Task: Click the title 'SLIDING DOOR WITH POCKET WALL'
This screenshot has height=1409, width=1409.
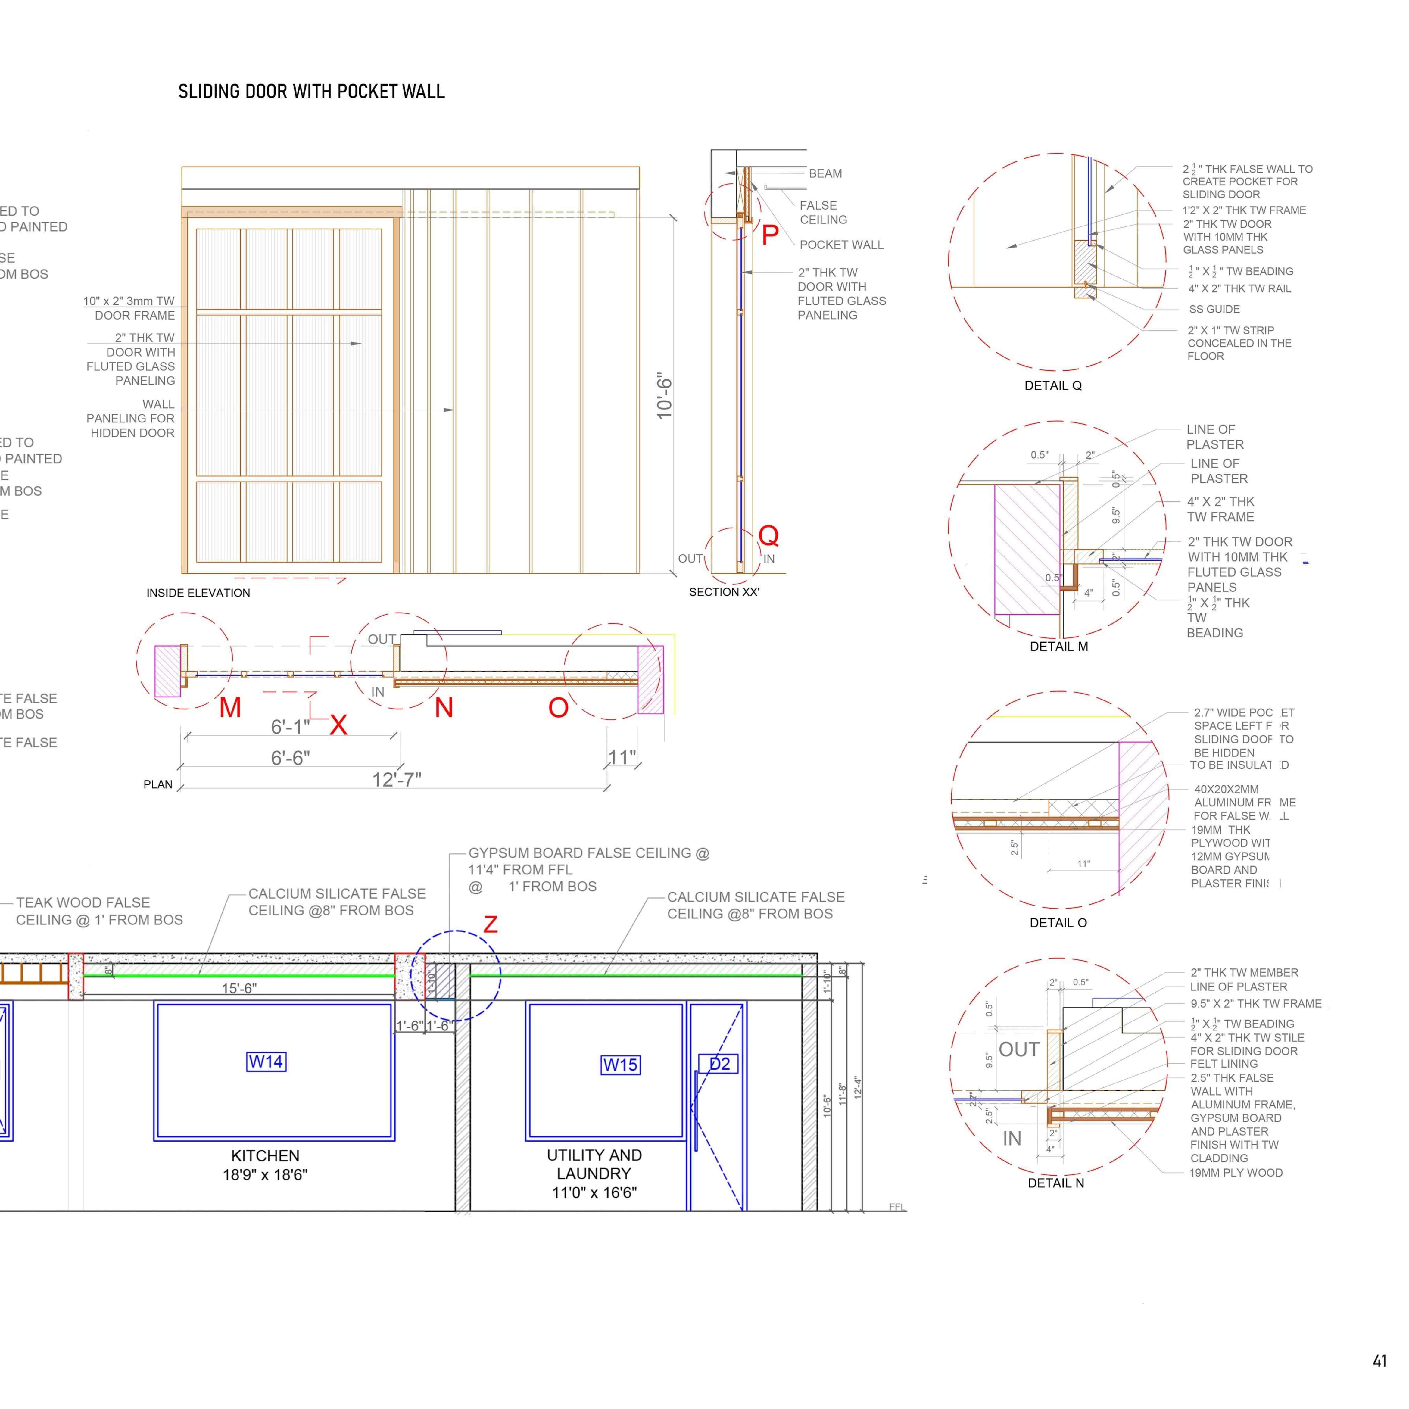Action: coord(311,92)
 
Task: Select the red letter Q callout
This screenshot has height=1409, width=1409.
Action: coord(769,535)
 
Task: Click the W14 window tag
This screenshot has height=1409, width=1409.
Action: coord(266,1062)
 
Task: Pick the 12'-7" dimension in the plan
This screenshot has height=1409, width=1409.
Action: coord(397,780)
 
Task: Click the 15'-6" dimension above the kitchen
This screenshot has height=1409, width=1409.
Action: coord(239,988)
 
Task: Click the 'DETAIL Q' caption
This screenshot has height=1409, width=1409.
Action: coord(1053,386)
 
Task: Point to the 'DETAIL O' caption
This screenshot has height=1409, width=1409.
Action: coord(1058,923)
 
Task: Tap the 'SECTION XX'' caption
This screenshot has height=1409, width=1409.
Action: coord(724,592)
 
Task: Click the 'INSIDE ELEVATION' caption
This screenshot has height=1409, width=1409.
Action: coord(198,593)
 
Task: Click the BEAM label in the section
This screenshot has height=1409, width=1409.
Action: coord(825,173)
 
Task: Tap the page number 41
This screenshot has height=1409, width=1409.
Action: coord(1379,1361)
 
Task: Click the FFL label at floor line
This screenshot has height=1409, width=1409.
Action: coord(897,1207)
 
